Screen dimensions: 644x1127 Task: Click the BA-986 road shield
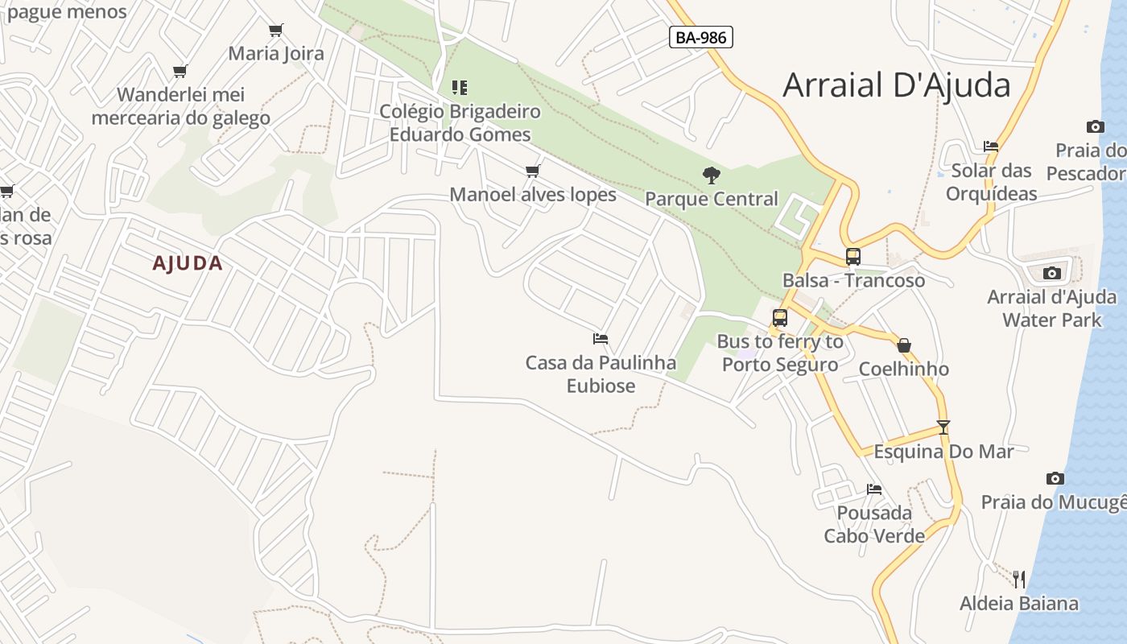click(x=700, y=37)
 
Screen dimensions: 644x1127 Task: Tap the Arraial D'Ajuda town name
click(x=896, y=85)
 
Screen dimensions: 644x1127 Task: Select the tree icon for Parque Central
click(x=711, y=175)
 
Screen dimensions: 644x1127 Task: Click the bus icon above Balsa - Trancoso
click(x=853, y=257)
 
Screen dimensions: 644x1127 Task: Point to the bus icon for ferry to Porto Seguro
click(x=779, y=318)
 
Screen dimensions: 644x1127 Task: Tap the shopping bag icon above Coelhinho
click(x=904, y=345)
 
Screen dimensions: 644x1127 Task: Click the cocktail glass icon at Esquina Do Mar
click(x=943, y=427)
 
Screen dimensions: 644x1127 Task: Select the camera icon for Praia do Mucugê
click(x=1055, y=478)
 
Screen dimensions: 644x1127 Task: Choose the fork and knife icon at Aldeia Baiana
click(x=1019, y=579)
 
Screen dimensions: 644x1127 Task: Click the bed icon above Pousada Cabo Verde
click(x=874, y=489)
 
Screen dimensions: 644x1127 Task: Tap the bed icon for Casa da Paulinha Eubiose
click(x=601, y=339)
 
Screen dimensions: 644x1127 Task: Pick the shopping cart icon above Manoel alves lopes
click(x=532, y=171)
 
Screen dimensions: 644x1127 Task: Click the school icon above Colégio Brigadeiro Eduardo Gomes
click(x=460, y=87)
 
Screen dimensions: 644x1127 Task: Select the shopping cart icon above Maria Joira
click(x=276, y=30)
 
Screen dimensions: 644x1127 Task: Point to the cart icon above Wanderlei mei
click(x=180, y=71)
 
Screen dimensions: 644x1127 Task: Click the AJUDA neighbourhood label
click(x=188, y=263)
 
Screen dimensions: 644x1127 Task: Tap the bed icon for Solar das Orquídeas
click(x=991, y=147)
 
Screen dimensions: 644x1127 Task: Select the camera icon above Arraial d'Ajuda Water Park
click(x=1051, y=273)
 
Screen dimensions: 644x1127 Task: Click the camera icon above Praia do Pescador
click(x=1095, y=126)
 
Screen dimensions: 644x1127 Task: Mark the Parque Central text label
click(x=712, y=199)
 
